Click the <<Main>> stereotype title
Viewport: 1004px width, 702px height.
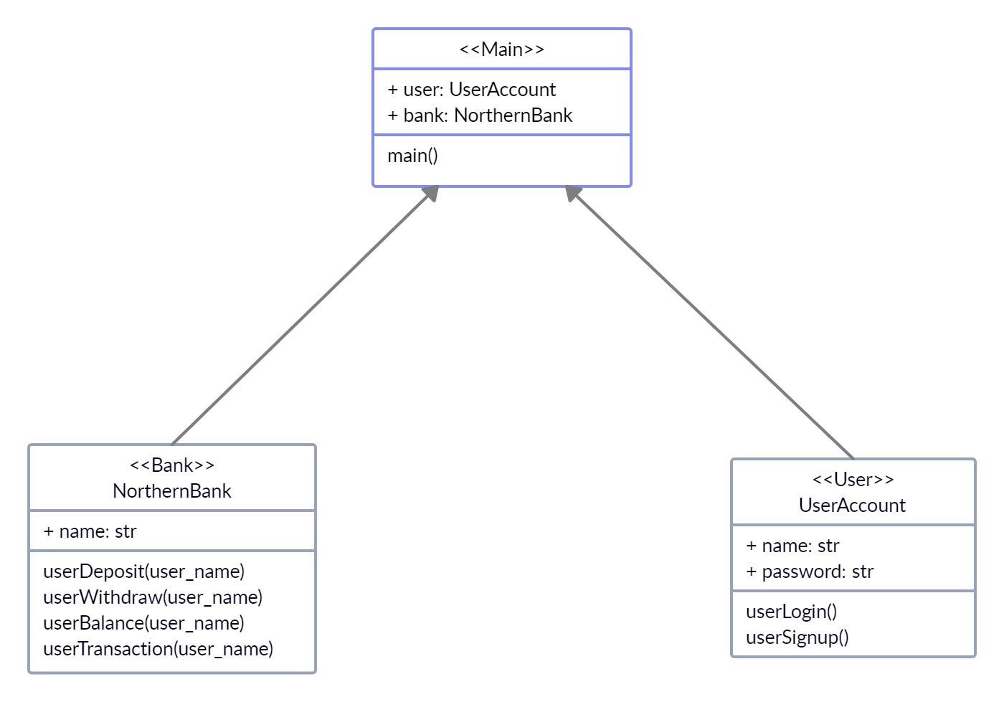(501, 49)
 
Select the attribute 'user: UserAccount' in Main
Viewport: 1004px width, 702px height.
(472, 90)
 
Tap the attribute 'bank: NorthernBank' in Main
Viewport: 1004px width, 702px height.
(480, 115)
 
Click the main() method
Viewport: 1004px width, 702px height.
(412, 156)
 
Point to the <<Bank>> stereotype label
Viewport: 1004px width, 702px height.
(172, 465)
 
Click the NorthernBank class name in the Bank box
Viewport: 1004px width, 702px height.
(172, 491)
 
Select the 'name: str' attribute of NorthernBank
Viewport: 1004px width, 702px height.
(90, 531)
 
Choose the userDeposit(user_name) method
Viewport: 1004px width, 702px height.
(144, 571)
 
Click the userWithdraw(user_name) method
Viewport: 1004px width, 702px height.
(153, 597)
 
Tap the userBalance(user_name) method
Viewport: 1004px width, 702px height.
(143, 623)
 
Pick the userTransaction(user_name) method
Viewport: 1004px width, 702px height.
(158, 649)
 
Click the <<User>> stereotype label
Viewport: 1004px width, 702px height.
(853, 479)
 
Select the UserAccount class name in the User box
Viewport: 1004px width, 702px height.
(853, 506)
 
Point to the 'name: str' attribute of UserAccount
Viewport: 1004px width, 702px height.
(792, 546)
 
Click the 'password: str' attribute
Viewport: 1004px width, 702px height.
(810, 571)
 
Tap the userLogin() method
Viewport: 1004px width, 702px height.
(792, 612)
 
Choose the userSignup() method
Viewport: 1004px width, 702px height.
(797, 637)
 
